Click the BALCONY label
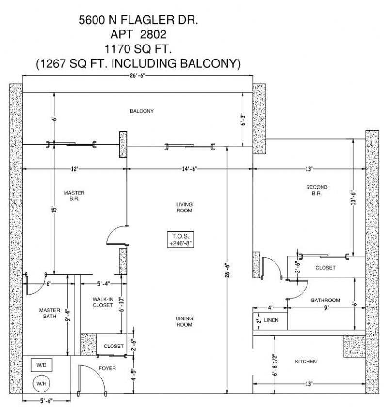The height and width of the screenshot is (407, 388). pos(142,111)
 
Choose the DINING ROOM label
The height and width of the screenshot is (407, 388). pos(184,321)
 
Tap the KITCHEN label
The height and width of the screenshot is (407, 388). pos(306,362)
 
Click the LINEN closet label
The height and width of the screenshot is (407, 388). pos(271,320)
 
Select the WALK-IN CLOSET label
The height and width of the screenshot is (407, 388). pos(103,302)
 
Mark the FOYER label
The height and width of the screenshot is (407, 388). pos(107,368)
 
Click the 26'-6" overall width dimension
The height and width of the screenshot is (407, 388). pos(137,75)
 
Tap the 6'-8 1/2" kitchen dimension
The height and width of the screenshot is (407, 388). pos(275,363)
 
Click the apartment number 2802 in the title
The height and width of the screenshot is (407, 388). pos(152,35)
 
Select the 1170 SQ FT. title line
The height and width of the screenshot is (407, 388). pos(138,49)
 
